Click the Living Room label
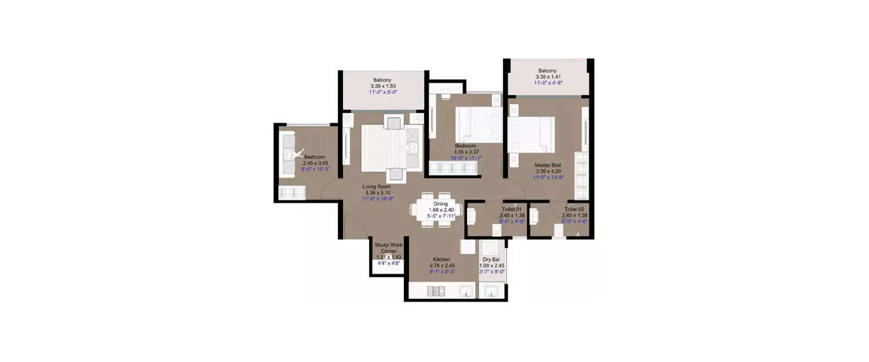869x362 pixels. click(377, 187)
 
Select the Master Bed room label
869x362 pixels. click(546, 164)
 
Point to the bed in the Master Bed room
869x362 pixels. click(531, 135)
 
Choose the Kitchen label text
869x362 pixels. click(442, 259)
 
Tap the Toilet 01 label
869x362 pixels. click(512, 209)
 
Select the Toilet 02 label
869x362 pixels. click(575, 209)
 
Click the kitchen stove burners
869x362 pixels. click(435, 291)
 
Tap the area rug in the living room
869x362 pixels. click(384, 148)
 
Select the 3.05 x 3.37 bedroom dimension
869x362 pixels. click(465, 152)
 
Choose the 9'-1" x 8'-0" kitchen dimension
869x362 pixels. click(442, 272)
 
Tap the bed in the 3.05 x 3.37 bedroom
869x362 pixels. click(479, 125)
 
